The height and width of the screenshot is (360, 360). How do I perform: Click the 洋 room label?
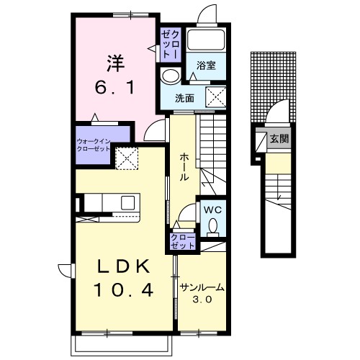pos(116,63)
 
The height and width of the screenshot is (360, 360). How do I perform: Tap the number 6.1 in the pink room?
pos(114,88)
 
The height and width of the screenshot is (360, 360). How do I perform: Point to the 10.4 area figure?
pos(124,290)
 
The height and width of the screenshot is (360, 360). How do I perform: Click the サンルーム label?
pos(202,287)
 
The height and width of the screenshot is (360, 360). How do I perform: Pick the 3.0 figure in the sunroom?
pos(202,300)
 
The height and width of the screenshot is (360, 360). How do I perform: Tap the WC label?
pos(212,210)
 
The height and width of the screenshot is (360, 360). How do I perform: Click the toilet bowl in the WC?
pos(212,227)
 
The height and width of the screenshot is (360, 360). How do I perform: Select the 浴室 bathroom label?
pos(206,66)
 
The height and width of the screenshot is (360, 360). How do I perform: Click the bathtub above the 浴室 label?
pos(206,40)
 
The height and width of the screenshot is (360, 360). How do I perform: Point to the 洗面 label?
pos(184,99)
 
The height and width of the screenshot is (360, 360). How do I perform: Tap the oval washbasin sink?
pos(171,76)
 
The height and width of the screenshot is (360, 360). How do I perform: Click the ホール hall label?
pos(184,167)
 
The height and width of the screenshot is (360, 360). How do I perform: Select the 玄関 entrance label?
pos(279,138)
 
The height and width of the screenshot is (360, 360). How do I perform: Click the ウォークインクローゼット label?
pos(93,145)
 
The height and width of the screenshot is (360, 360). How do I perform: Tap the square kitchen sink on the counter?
pos(127,202)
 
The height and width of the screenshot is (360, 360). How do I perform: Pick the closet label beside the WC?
pos(182,241)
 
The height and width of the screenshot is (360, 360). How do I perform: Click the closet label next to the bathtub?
pos(170,45)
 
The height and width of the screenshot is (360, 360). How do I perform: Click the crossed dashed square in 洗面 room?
pos(216,96)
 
